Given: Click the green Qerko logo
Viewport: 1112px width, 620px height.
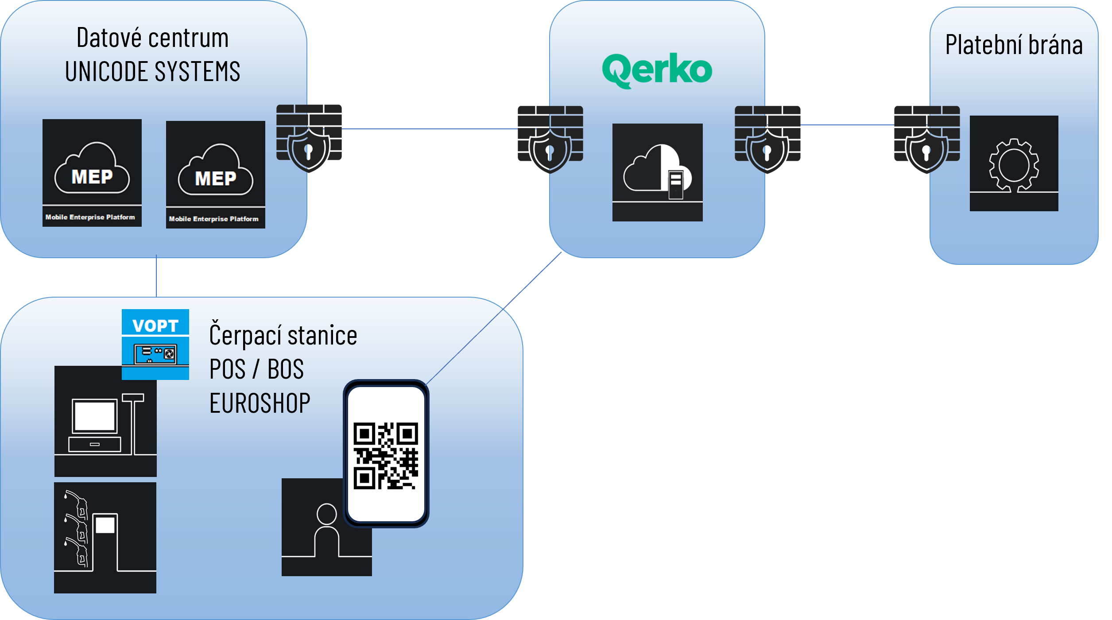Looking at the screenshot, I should tap(657, 70).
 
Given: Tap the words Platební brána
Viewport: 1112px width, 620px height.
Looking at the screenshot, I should tap(1014, 45).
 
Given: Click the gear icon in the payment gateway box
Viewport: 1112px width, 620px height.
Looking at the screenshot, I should tap(1014, 164).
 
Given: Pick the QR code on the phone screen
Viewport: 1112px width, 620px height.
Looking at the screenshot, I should tap(385, 456).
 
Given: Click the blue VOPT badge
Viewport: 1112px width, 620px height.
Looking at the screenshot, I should tap(155, 344).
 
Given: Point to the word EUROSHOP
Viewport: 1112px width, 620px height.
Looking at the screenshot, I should tap(260, 403).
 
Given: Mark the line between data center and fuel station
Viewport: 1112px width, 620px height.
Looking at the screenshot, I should tap(156, 277).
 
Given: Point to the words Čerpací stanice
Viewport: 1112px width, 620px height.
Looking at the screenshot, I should tap(283, 335).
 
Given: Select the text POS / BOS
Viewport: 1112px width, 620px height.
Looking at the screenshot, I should tap(256, 369).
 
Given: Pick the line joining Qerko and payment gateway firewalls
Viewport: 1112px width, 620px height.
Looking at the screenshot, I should tap(847, 125).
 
